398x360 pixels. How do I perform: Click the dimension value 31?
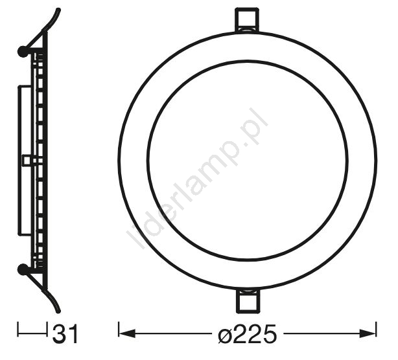65,334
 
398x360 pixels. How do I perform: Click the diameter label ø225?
247,334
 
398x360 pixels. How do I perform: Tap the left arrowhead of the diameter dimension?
127,333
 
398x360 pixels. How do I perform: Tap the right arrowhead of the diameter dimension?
368,333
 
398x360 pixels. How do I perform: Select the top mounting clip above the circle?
247,20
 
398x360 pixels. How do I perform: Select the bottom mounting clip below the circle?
247,301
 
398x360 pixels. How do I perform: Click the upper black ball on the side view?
23,51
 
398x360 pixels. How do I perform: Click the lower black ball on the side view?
23,269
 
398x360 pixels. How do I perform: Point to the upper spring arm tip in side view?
58,10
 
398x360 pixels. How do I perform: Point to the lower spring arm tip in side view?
58,311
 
